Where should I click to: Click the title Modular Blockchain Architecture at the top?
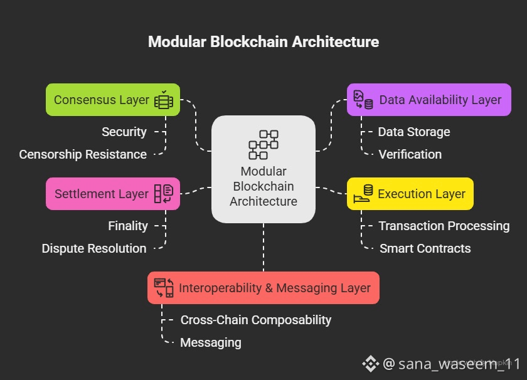click(x=263, y=42)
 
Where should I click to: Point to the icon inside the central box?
click(x=263, y=144)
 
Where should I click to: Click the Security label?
click(x=124, y=132)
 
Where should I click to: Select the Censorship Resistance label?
click(x=83, y=154)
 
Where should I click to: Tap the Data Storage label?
click(x=414, y=132)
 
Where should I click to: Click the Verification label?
click(x=410, y=154)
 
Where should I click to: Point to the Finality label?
click(x=128, y=226)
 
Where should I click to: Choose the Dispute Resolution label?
click(x=94, y=248)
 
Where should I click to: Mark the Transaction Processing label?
click(x=444, y=226)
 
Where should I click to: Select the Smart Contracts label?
click(x=425, y=248)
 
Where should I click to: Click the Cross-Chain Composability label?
click(x=256, y=320)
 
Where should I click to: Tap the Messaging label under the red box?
click(x=211, y=342)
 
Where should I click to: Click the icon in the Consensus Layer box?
click(x=164, y=100)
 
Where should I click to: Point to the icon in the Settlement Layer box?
click(x=163, y=194)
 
